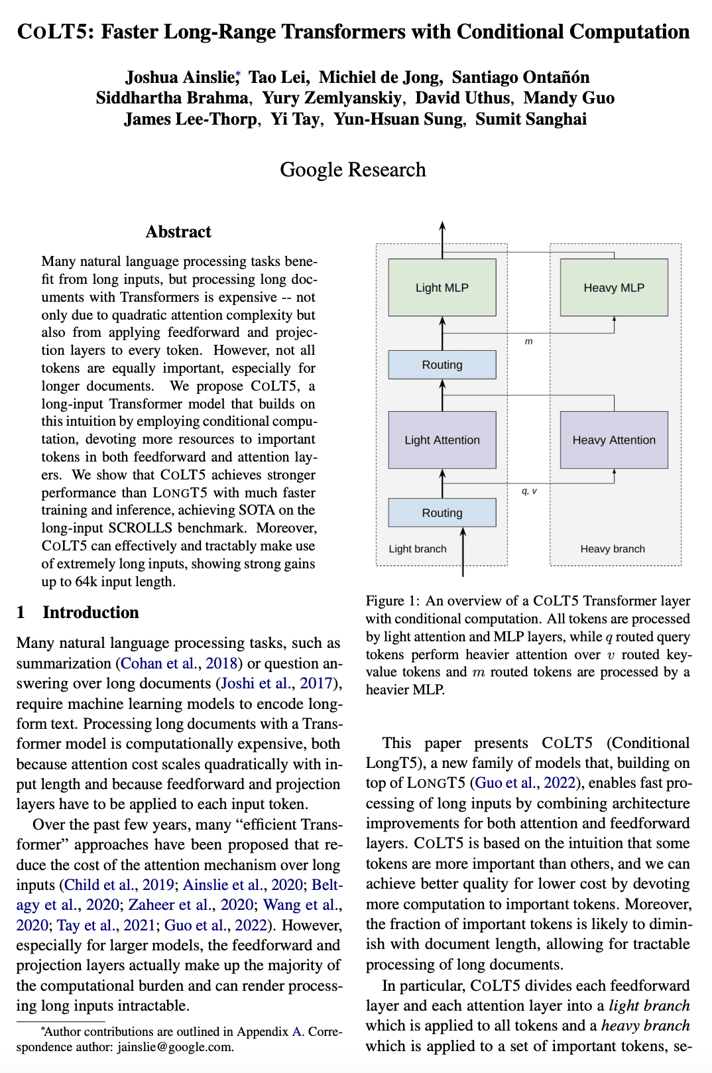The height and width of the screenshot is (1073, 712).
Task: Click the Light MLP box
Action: click(442, 287)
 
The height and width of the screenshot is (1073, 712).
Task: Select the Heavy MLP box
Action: click(614, 287)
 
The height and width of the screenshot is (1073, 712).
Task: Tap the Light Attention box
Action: click(442, 440)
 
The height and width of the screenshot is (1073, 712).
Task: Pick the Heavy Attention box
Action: click(614, 440)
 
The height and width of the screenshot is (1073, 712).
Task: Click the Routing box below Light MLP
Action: click(442, 365)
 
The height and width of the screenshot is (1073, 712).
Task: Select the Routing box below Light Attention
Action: click(442, 513)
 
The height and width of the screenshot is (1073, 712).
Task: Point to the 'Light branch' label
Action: click(418, 548)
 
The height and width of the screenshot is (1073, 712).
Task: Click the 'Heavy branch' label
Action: click(613, 548)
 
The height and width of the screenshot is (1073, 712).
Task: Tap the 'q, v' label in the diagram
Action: click(529, 491)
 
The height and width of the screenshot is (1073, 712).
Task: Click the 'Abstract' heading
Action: click(178, 231)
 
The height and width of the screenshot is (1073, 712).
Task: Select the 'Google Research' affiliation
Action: click(353, 170)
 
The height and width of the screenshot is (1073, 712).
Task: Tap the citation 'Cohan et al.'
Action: click(159, 663)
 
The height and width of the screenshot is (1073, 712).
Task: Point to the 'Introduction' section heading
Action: click(91, 612)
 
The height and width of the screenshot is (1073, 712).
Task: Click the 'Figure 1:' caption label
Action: click(392, 601)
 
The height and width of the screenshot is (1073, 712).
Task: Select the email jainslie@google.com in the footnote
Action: click(175, 1047)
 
